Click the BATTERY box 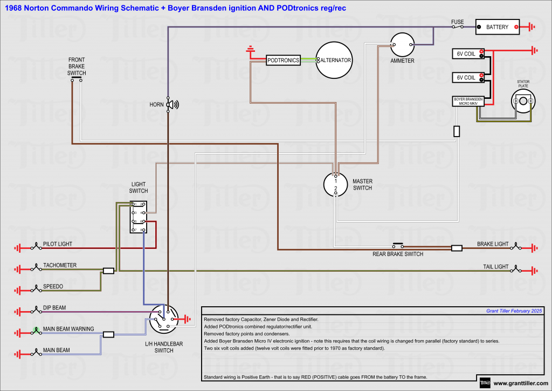click(497, 27)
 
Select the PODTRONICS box click(283, 60)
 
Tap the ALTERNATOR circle click(334, 60)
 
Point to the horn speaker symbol click(171, 105)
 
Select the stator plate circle click(523, 101)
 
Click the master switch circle click(336, 184)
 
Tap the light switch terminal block click(139, 218)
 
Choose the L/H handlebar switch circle click(164, 319)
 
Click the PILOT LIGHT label click(58, 244)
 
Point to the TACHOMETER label click(60, 265)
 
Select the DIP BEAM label click(54, 308)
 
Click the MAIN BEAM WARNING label click(68, 329)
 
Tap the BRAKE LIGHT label click(493, 244)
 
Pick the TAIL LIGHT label click(495, 267)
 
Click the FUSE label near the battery click(457, 22)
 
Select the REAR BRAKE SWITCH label click(398, 254)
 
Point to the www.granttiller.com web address click(518, 383)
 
